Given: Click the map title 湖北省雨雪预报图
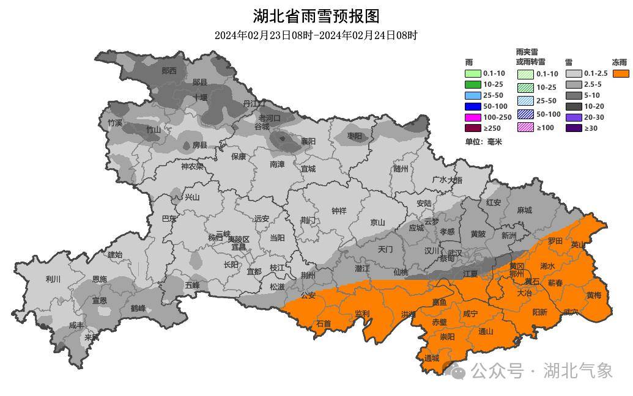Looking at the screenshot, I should [x=316, y=15].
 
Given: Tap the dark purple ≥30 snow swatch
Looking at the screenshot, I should [x=573, y=128].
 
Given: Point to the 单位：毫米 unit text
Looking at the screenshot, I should [x=483, y=142].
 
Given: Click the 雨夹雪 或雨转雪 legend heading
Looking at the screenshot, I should [x=530, y=57].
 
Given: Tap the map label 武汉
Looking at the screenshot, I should [x=455, y=252].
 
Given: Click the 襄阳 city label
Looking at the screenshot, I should [x=308, y=141].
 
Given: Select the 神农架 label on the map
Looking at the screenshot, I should [x=192, y=166].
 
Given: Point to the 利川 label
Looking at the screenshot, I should [x=53, y=279].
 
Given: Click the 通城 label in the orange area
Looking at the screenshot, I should [x=431, y=358].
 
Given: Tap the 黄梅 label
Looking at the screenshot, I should [x=593, y=295].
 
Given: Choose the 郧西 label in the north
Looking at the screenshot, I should [x=169, y=71].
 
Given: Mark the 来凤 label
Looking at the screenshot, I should [x=92, y=337].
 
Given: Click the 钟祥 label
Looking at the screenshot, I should [x=339, y=211].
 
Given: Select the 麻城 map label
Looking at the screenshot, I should [x=524, y=210].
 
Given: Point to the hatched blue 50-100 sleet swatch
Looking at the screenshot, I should [x=525, y=114].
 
